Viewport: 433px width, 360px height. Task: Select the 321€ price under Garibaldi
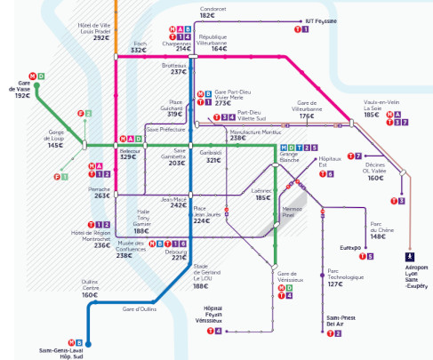tap(213, 161)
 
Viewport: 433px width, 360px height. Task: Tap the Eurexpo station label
tap(349, 248)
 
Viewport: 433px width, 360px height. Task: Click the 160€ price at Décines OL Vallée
tap(376, 178)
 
